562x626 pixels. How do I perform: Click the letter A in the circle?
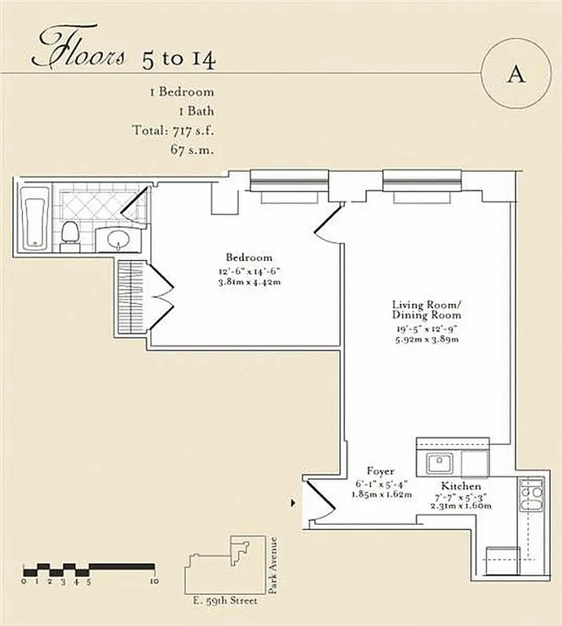click(515, 74)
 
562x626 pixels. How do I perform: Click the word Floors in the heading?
click(78, 51)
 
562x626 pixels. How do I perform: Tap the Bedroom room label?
click(250, 258)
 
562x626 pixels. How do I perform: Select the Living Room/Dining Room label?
click(426, 310)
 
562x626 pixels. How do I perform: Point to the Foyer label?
click(381, 471)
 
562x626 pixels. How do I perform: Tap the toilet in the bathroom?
click(70, 231)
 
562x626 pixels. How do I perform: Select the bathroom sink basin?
click(118, 239)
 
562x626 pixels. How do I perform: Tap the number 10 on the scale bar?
click(154, 582)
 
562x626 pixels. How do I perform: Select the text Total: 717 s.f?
click(173, 130)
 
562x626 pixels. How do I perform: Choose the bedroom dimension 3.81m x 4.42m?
click(250, 282)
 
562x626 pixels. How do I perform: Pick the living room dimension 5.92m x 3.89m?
click(426, 339)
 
